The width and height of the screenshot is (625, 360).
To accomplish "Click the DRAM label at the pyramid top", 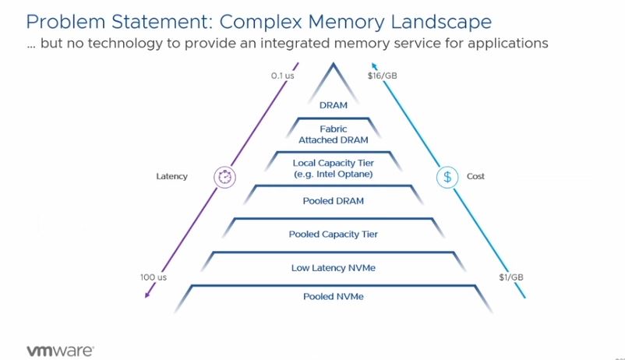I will coord(333,104).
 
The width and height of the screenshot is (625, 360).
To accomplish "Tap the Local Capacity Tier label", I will coord(333,168).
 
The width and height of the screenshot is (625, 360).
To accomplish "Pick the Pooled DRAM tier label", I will coord(333,201).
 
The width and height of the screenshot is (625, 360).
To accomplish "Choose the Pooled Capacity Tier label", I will coord(333,234).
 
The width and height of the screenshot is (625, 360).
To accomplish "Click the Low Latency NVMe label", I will coord(333,267).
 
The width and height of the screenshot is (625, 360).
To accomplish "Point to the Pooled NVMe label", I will coord(333,297).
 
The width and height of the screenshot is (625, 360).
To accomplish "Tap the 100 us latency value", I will coord(154,277).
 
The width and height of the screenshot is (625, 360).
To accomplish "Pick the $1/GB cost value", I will coord(511,277).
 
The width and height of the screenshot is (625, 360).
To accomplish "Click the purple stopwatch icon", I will coord(224,176).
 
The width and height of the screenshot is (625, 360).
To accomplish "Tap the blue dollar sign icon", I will coord(447,176).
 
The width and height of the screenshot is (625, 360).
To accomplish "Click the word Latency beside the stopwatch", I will coord(172,177).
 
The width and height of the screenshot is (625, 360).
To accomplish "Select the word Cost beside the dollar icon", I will coord(475,177).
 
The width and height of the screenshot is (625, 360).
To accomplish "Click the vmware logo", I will coord(61,350).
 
